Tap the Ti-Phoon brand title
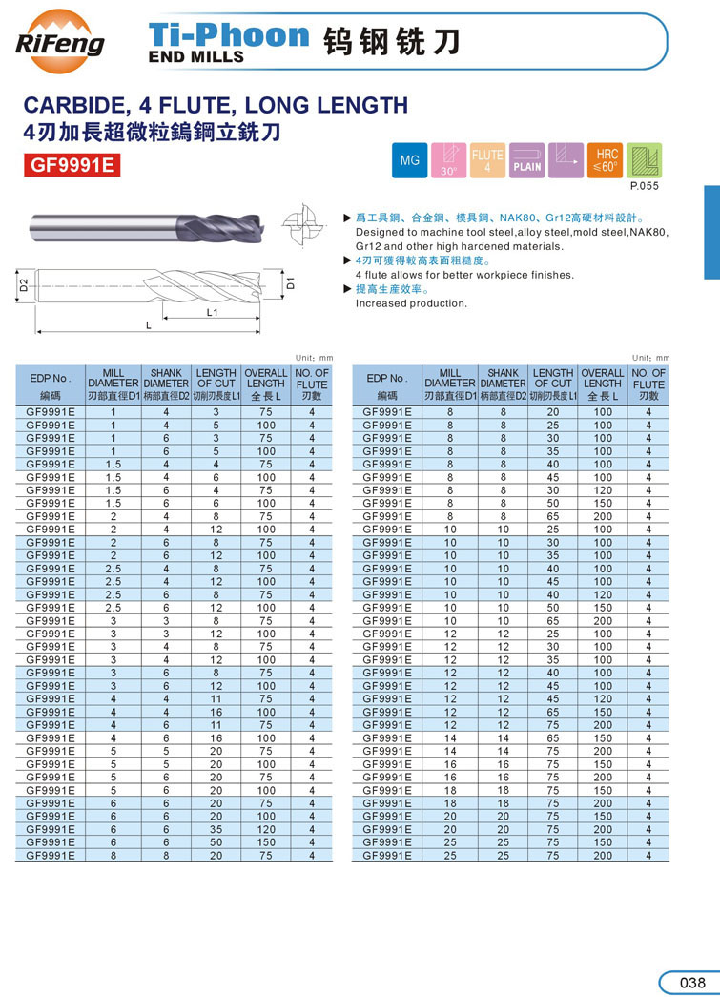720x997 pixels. click(229, 36)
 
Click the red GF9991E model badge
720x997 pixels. click(72, 164)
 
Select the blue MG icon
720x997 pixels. click(409, 160)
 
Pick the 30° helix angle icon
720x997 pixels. click(449, 160)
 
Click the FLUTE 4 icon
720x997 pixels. click(487, 160)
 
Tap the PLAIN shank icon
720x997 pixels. click(526, 160)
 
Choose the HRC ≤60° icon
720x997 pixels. click(607, 160)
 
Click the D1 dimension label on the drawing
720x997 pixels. click(292, 283)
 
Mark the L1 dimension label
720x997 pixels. click(213, 312)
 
